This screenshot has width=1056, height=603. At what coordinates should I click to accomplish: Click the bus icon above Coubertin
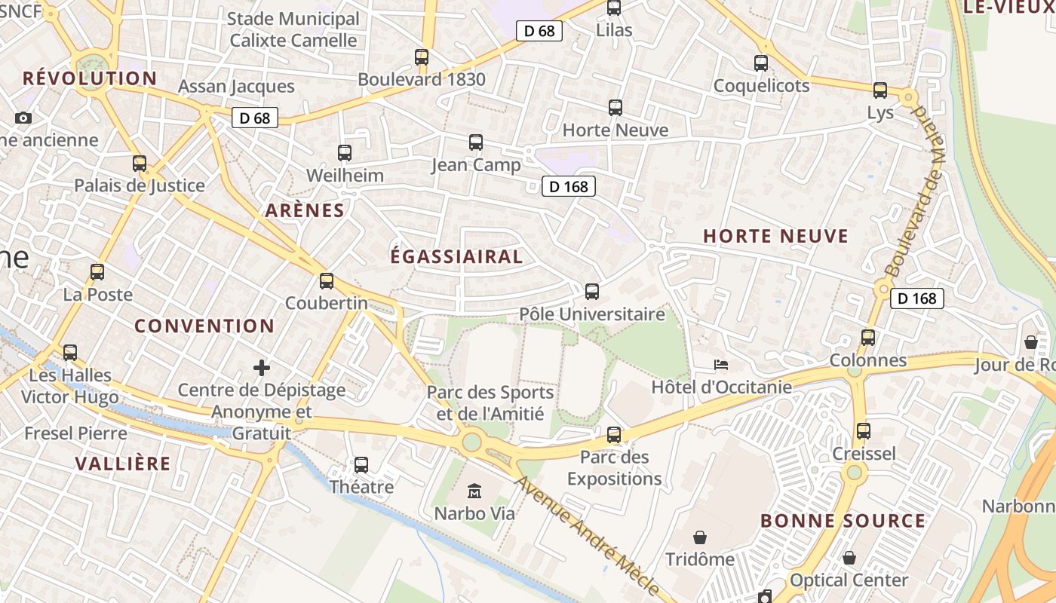click(327, 281)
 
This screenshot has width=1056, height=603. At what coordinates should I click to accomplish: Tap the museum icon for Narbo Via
click(474, 491)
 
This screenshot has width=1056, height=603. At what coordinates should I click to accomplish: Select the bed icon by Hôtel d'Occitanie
click(721, 365)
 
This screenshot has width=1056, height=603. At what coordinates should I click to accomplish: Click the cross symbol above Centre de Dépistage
click(262, 368)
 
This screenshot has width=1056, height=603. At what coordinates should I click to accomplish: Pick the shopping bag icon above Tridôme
click(700, 537)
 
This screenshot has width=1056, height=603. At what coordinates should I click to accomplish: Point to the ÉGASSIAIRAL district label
click(456, 256)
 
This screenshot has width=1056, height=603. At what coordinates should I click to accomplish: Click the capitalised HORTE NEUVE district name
click(775, 236)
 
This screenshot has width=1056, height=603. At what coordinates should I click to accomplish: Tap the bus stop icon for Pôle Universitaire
click(592, 291)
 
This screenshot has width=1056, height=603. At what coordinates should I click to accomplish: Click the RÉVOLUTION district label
click(90, 78)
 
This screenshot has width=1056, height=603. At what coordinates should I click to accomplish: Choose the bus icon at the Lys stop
click(880, 90)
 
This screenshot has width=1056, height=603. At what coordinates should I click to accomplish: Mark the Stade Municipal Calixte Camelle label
click(293, 29)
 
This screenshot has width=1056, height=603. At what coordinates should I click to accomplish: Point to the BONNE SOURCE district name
click(843, 521)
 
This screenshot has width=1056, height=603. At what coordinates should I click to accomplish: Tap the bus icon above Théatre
click(361, 465)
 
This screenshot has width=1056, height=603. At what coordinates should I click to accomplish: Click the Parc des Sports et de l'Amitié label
click(490, 403)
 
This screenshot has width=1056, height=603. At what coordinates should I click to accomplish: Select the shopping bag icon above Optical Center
click(849, 558)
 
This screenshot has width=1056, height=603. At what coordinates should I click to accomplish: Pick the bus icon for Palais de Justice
click(140, 164)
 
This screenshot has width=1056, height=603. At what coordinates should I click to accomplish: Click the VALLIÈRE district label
click(123, 464)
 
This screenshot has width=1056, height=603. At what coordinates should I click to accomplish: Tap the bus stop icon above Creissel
click(864, 431)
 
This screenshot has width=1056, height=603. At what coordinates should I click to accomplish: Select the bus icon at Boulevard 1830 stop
click(422, 57)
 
